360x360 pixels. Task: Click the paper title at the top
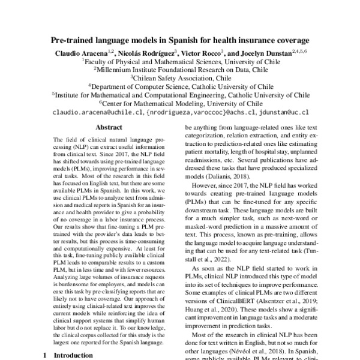coord(179,41)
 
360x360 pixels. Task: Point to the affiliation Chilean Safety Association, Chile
coord(181,78)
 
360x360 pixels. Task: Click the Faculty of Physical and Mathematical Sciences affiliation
coord(181,62)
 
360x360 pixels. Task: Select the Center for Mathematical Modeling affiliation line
coord(181,103)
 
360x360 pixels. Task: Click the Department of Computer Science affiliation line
coord(181,86)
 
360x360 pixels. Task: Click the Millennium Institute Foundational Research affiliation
coord(181,70)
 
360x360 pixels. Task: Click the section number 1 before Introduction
coord(46,355)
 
